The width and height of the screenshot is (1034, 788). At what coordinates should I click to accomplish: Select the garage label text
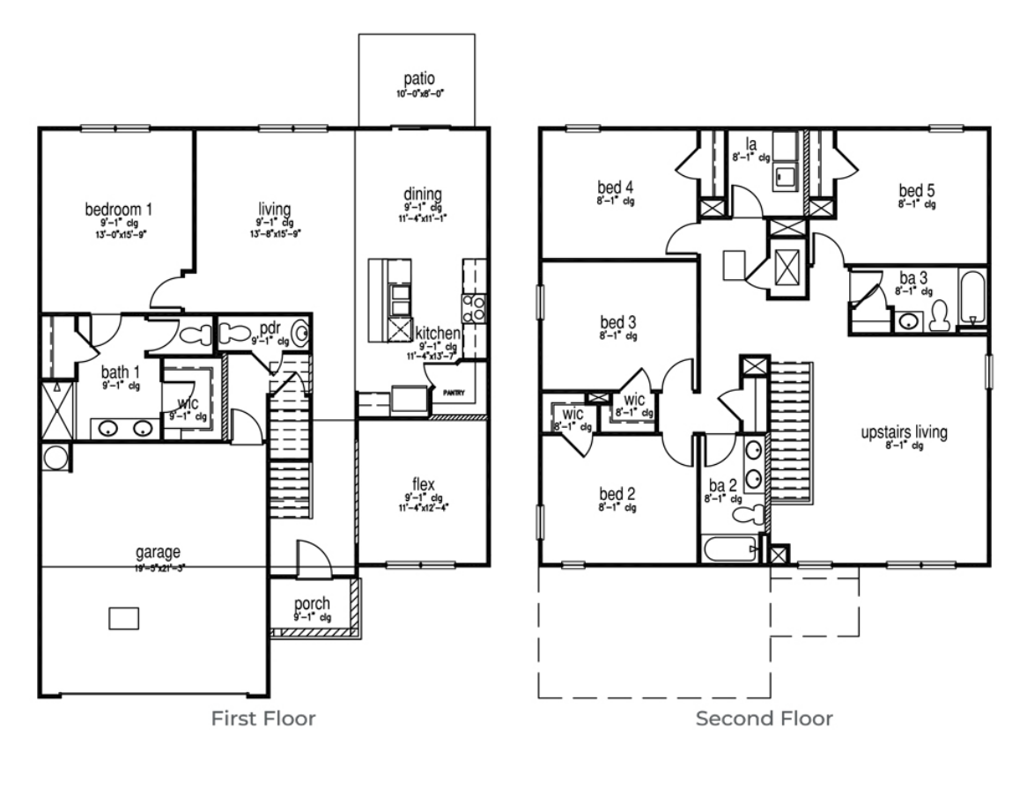(152, 552)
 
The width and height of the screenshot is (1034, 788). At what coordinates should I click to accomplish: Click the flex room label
(424, 484)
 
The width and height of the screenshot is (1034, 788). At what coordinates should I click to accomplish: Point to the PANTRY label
(454, 394)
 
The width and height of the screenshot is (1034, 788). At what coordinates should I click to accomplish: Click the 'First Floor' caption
(263, 719)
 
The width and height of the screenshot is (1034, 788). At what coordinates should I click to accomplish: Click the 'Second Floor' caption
(764, 719)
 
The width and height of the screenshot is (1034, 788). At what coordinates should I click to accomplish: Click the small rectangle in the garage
(123, 618)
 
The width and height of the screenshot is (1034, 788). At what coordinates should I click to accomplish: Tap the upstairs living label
(904, 432)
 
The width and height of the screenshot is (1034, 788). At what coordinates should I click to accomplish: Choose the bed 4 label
(616, 187)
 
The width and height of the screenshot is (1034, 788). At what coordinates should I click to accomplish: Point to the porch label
(313, 604)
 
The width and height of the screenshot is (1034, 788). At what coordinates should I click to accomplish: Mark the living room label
(274, 209)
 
